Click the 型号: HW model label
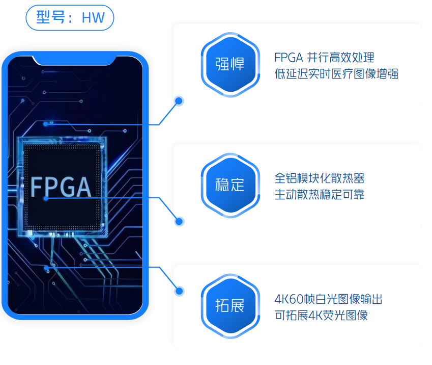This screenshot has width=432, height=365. point(70,18)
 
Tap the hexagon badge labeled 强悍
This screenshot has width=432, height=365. point(231,65)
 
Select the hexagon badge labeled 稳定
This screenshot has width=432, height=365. point(231,185)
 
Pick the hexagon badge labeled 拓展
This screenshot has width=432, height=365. point(231,305)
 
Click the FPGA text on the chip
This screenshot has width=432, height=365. point(61,187)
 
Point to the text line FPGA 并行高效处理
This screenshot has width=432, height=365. point(324,57)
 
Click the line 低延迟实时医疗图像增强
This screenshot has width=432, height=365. point(336,74)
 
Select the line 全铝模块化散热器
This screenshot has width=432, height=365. point(320,178)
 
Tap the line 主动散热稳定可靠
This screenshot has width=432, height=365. point(320,195)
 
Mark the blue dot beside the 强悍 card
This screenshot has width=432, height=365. point(179,101)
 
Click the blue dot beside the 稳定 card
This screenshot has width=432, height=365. point(179,221)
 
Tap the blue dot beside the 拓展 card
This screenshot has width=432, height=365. point(179,291)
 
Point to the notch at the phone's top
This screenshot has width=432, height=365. point(74,60)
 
